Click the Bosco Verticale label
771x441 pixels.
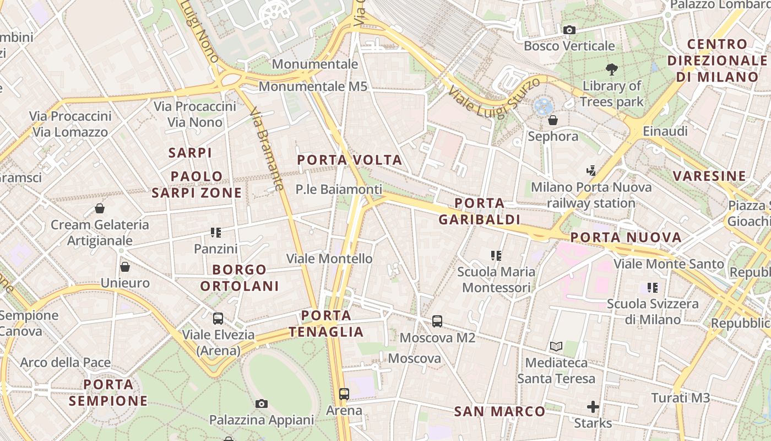click(569, 46)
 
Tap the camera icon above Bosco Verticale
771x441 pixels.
click(569, 30)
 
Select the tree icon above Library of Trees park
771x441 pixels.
click(611, 69)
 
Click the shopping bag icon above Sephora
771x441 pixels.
click(553, 120)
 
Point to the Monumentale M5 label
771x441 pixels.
click(312, 87)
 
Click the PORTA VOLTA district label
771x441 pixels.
click(350, 160)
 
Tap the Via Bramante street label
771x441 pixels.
click(267, 149)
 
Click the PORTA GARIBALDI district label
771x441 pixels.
click(479, 212)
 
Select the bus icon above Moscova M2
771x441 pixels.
click(437, 321)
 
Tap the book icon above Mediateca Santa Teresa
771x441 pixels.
click(556, 346)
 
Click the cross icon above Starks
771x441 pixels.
click(593, 407)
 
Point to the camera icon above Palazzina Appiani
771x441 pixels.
click(262, 404)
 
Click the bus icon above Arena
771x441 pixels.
click(344, 394)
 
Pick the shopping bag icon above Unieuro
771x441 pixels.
click(125, 267)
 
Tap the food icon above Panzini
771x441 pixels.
click(215, 233)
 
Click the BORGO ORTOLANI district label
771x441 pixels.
click(240, 278)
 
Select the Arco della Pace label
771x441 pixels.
click(66, 363)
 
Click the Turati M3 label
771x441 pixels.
click(680, 398)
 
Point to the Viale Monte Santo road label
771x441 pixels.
click(669, 264)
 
